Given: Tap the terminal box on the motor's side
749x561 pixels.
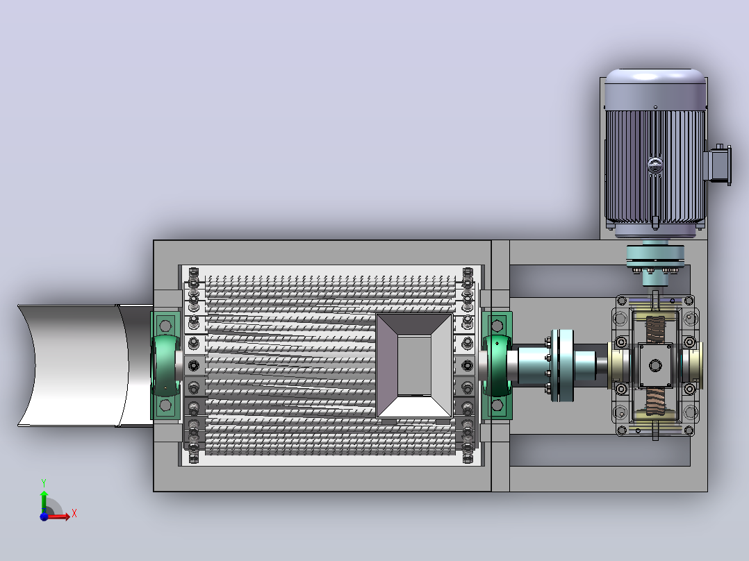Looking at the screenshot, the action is [x=719, y=165].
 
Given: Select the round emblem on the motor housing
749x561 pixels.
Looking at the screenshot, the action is [x=655, y=165].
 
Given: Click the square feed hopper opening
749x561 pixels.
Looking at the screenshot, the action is [x=414, y=366].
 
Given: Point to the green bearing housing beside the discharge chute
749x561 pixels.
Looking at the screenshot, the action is [x=165, y=366].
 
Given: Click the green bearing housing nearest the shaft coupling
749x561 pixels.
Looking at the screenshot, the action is [x=497, y=366].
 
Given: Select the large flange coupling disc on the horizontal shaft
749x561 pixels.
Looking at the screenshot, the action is [x=562, y=366].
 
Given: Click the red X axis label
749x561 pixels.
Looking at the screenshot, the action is [x=74, y=514].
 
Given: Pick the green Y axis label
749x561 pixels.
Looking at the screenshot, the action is [x=44, y=483].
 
